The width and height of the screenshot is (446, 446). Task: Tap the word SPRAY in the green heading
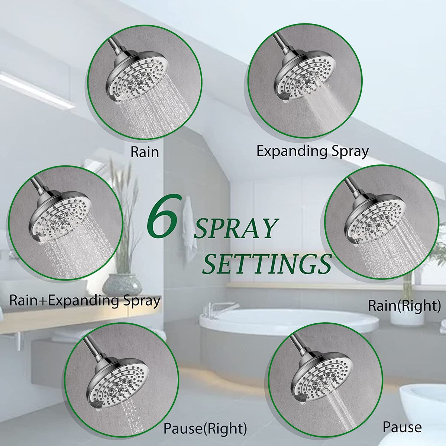coord(236,228)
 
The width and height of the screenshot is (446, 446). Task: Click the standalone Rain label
coord(145,152)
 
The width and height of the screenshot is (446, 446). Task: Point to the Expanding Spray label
coord(312,152)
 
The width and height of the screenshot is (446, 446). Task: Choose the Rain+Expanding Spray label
coord(85,301)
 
